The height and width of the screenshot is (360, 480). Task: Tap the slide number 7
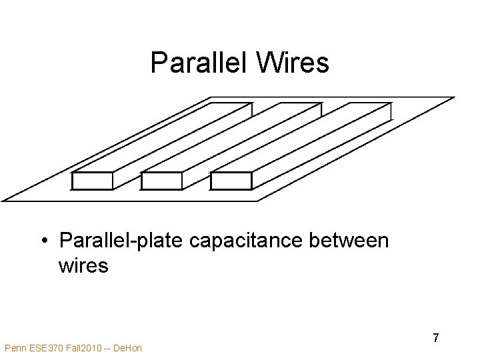coord(435,338)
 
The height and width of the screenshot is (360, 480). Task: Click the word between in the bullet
coord(353,240)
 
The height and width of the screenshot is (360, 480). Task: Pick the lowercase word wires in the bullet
coord(83,265)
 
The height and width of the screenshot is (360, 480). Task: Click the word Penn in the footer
coord(15,348)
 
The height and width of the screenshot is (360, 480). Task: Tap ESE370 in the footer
coord(44,348)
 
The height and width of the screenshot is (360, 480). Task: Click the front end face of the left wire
coord(92,181)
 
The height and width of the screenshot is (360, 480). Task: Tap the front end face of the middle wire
coord(162,181)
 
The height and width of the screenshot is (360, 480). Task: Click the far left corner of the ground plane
coord(3,199)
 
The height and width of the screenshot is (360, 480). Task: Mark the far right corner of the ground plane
coord(453,98)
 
